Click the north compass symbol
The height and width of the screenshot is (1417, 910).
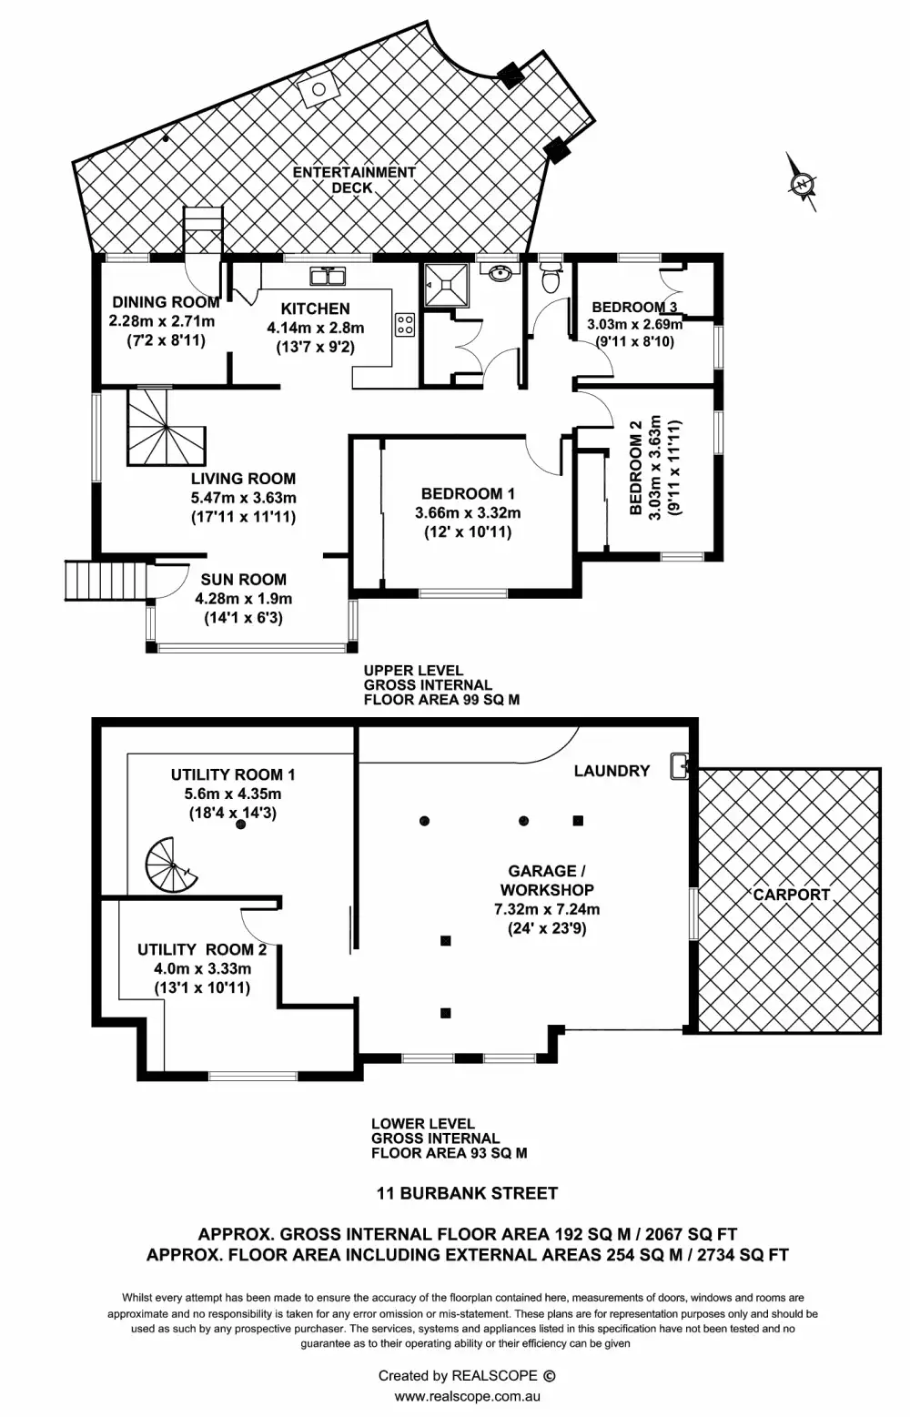point(802,183)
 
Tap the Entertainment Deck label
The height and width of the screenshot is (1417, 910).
point(353,179)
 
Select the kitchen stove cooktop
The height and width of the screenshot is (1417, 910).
point(405,325)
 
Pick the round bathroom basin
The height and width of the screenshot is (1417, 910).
point(498,272)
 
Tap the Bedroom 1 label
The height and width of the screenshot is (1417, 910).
point(468,493)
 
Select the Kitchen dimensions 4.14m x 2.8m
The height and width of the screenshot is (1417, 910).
point(315,328)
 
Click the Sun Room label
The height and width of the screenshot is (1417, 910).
point(243,579)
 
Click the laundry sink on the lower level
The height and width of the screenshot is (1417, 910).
point(680,766)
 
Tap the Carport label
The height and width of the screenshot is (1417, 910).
point(791,894)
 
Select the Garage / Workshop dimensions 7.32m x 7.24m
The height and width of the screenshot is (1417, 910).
point(546,908)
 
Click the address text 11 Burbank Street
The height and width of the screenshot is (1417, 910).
point(467,1192)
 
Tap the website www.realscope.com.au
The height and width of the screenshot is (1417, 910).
point(467,1396)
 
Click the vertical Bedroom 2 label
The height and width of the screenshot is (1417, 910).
point(636,468)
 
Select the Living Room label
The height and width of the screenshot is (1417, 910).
point(243,478)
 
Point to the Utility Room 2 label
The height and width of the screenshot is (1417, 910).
point(202,949)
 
